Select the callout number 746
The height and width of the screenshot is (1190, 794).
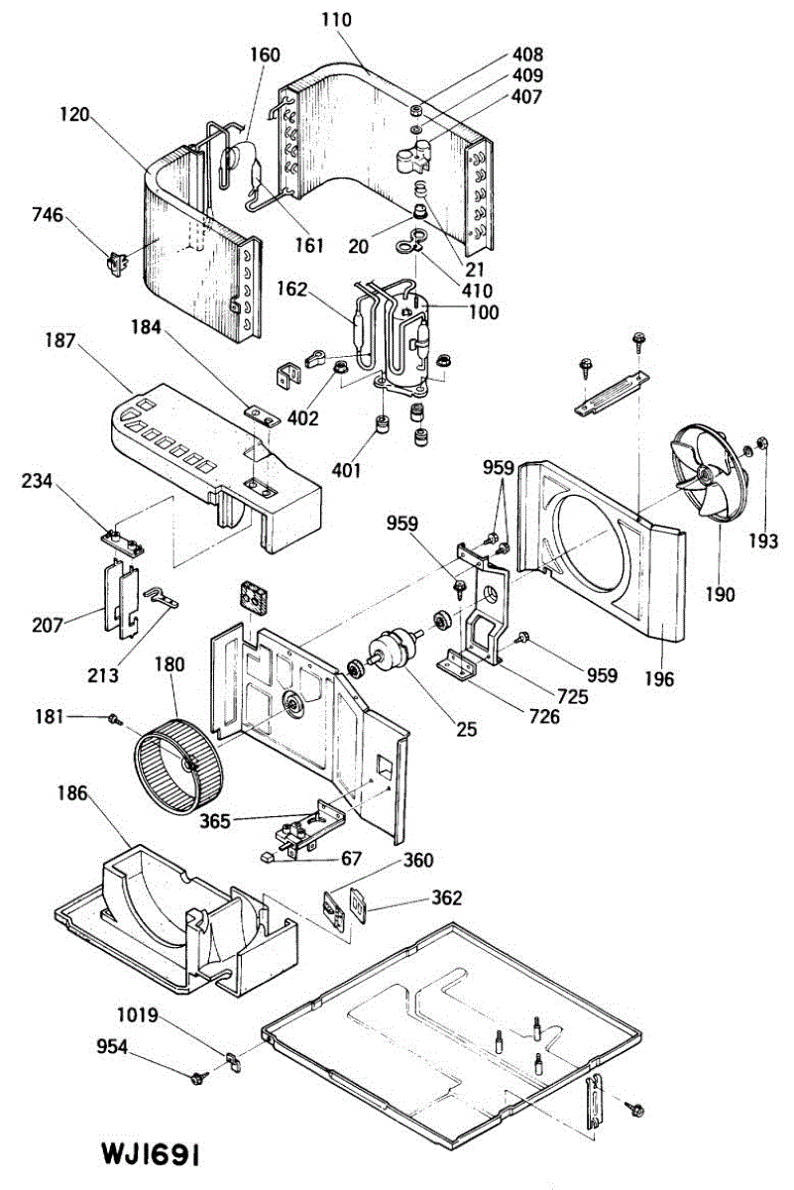(x=48, y=214)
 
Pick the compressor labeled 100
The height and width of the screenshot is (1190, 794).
(x=401, y=337)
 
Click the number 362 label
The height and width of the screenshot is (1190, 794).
(x=446, y=898)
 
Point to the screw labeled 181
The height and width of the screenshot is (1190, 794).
(x=116, y=717)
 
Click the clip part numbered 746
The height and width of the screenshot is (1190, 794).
(x=118, y=261)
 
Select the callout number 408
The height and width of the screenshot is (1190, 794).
(x=527, y=56)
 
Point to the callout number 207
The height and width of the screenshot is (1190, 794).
(x=47, y=625)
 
